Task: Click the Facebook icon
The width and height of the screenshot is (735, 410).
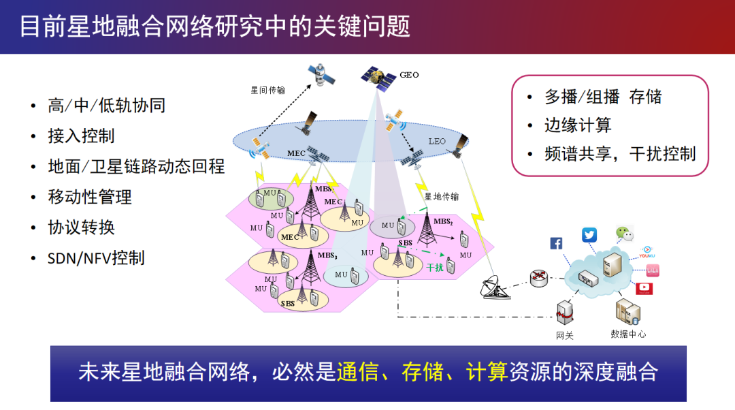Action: coord(555,243)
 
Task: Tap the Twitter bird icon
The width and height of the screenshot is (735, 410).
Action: coord(589,235)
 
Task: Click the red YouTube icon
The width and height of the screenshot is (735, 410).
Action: coord(644,288)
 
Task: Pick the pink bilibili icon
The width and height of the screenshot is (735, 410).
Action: coord(652,270)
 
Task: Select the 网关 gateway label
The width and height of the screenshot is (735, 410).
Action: coord(565,335)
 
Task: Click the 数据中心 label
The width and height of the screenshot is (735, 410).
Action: coord(628,334)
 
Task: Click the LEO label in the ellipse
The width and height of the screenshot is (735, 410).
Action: coord(436,142)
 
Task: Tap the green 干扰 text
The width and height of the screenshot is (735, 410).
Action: coord(434,268)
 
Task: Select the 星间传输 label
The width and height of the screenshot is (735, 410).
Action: coord(268,89)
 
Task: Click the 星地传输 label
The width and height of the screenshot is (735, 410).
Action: coord(441,197)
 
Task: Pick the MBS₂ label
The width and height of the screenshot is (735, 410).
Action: coord(443,221)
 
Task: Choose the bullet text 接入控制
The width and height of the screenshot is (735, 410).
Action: coord(81,136)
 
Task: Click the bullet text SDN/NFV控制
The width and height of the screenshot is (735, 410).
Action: coord(96,258)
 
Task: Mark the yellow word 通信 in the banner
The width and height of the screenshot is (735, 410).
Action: coord(357,372)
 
